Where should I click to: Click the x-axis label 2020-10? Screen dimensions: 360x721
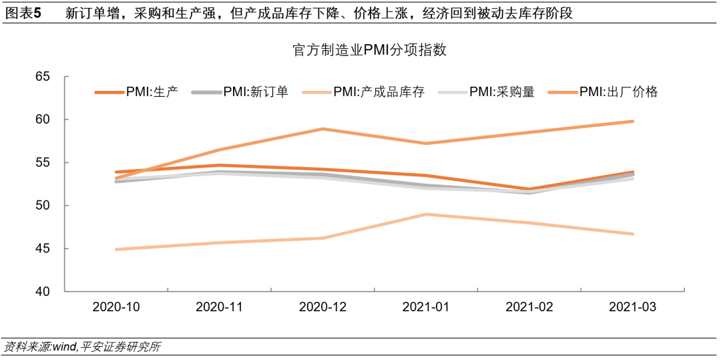(x=116, y=307)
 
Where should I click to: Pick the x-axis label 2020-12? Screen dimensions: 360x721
(x=323, y=307)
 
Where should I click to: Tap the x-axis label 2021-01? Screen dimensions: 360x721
(x=426, y=307)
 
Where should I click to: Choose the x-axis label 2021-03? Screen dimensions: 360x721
(x=633, y=307)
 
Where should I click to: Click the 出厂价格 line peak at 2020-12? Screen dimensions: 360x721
(x=323, y=129)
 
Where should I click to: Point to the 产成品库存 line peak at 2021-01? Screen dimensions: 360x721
(x=426, y=214)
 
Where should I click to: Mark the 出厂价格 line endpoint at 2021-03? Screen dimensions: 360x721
(x=633, y=122)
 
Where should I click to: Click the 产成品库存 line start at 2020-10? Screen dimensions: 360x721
(x=116, y=249)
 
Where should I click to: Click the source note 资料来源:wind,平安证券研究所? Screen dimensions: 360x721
(x=82, y=347)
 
